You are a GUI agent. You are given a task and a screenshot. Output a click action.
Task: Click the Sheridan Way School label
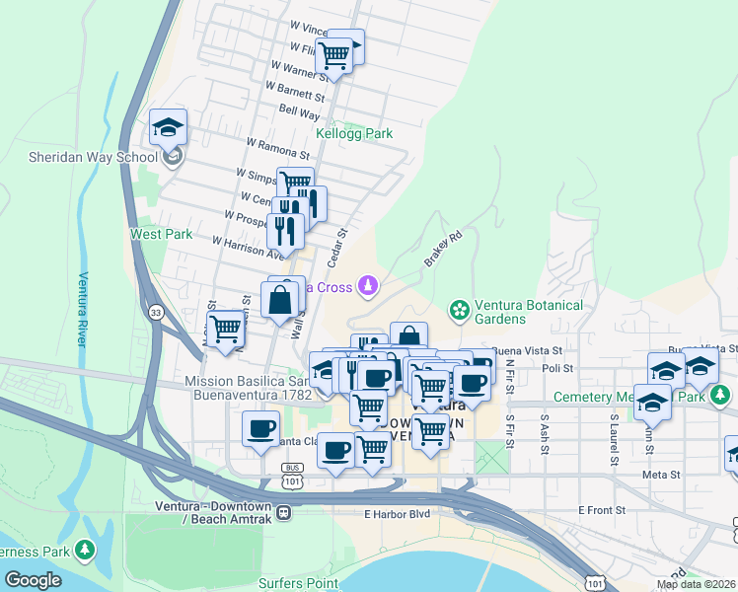click(x=79, y=157)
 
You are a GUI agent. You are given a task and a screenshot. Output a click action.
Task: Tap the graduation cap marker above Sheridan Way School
click(x=168, y=127)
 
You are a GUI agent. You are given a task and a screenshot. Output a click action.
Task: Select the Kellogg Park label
click(x=353, y=133)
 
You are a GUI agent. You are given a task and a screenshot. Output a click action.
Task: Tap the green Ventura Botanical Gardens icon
click(x=459, y=311)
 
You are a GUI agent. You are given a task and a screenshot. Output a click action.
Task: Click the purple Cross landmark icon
click(x=368, y=287)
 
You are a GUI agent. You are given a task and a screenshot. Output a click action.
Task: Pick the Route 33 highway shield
click(x=155, y=312)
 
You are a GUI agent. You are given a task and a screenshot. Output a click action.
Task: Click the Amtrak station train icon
click(x=284, y=512)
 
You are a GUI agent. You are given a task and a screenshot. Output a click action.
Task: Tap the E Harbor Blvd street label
click(x=399, y=514)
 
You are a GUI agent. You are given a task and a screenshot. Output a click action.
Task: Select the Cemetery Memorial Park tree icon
click(x=721, y=396)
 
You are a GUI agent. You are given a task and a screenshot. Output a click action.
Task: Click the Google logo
click(x=34, y=579)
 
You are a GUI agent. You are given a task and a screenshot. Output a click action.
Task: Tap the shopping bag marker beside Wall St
click(x=281, y=299)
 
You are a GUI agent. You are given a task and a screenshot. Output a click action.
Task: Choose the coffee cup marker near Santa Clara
click(x=260, y=430)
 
